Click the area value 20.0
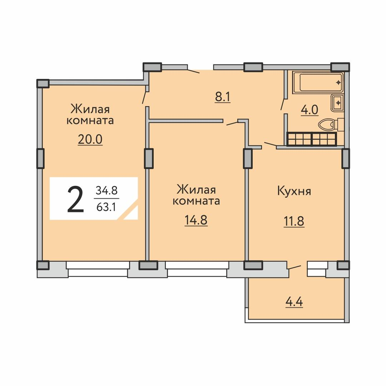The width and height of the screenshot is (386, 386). (x=90, y=140)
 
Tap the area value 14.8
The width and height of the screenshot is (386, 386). (x=196, y=220)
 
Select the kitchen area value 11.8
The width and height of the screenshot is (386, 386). (x=294, y=221)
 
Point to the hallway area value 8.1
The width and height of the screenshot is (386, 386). (x=223, y=97)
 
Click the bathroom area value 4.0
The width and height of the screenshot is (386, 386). (x=310, y=110)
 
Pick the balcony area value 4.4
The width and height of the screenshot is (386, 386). (x=294, y=302)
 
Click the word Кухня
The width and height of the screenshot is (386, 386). (x=294, y=191)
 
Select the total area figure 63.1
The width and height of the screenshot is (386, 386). (x=106, y=207)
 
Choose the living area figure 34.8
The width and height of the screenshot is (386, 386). (x=107, y=190)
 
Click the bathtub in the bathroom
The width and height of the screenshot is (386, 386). (x=318, y=82)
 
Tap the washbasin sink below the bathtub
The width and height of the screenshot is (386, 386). (x=337, y=103)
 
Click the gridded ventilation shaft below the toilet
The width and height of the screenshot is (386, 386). (x=312, y=139)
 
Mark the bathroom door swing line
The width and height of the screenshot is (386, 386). (x=283, y=104)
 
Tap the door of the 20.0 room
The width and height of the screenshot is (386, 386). (x=145, y=98)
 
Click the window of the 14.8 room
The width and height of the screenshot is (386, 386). (x=197, y=268)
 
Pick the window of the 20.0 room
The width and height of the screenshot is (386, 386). (x=98, y=268)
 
